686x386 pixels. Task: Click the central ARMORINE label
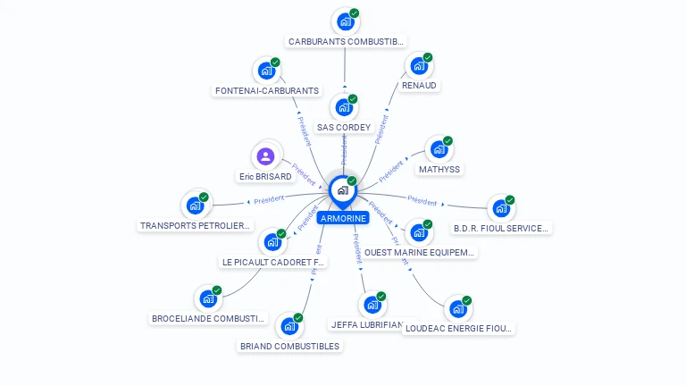click(343, 218)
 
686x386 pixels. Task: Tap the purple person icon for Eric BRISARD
click(265, 157)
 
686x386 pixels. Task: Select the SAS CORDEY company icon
click(343, 108)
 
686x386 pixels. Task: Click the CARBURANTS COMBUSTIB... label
click(346, 41)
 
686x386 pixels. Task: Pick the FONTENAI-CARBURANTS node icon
click(265, 71)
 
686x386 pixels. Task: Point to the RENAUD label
click(419, 86)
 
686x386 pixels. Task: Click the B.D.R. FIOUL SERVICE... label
click(501, 228)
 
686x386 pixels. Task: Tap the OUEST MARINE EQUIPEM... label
click(419, 252)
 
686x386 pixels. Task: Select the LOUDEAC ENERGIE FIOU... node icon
click(457, 309)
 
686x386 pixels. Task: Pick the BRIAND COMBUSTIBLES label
click(290, 346)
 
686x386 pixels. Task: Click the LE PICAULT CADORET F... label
click(273, 262)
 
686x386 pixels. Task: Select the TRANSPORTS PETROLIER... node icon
click(195, 206)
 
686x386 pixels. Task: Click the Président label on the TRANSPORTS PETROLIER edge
click(269, 198)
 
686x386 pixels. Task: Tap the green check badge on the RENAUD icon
click(428, 57)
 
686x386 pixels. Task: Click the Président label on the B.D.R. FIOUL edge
click(422, 201)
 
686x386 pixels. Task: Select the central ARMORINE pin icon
click(342, 190)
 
